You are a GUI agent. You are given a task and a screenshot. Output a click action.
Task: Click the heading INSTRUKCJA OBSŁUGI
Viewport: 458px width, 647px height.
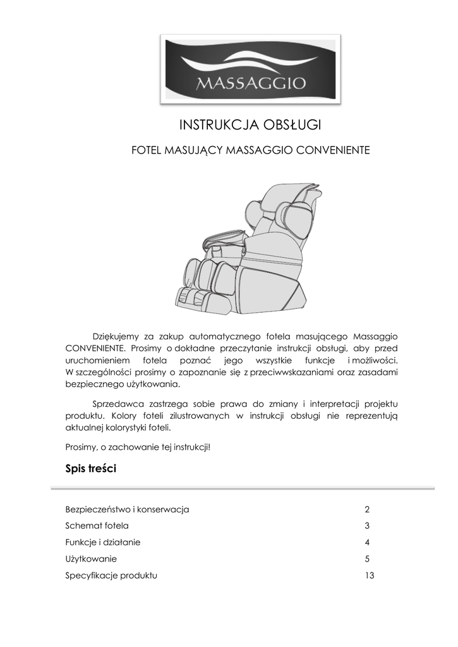click(x=251, y=125)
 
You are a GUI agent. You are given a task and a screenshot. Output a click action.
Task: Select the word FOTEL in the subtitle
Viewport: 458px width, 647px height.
click(x=146, y=152)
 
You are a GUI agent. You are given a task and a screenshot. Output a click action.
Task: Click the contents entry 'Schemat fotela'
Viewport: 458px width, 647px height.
click(x=97, y=526)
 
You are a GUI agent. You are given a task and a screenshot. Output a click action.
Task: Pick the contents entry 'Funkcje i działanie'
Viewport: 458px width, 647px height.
click(x=103, y=542)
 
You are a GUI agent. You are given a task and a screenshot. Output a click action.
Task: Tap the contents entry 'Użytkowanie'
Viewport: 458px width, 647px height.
click(x=91, y=559)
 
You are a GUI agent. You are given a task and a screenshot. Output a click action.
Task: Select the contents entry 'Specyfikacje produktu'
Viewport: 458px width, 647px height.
click(x=111, y=576)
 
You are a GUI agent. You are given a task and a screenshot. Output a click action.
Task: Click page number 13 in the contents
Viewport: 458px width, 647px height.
click(x=370, y=576)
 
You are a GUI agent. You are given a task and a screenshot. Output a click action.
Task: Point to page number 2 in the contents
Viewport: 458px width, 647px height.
click(x=367, y=509)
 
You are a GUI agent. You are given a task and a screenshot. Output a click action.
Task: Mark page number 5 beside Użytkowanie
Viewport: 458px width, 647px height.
click(x=367, y=559)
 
